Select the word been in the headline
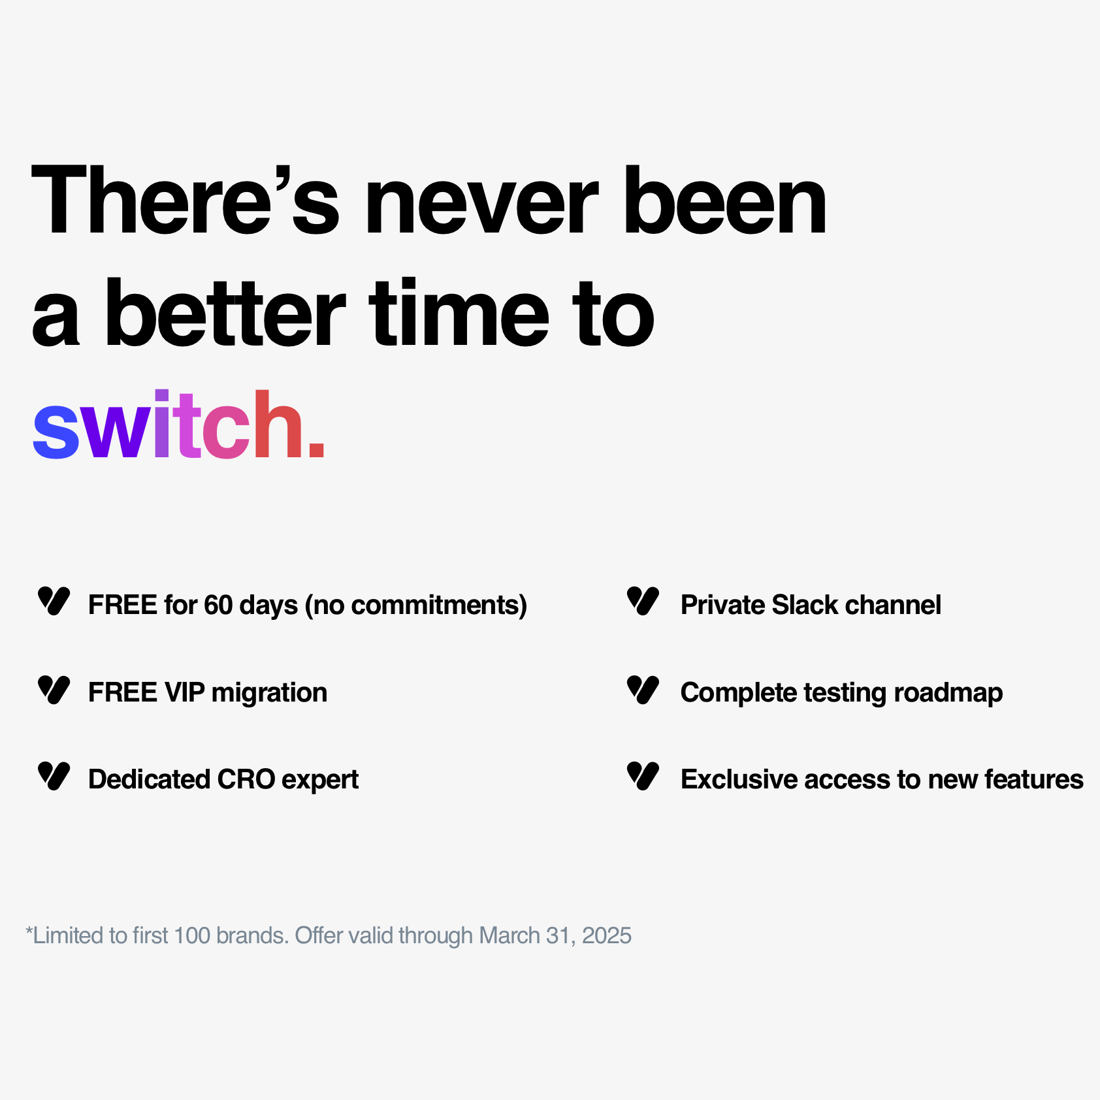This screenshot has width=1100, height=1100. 725,199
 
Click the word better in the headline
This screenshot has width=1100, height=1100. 225,313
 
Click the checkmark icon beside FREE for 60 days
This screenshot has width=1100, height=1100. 54,601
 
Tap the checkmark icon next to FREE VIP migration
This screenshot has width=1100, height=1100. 54,690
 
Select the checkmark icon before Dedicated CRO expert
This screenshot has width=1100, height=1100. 54,776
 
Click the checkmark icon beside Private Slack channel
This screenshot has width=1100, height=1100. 643,601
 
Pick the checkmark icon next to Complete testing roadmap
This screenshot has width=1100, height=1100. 643,690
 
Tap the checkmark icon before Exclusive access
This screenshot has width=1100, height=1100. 643,776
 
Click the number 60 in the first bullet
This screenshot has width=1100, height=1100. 218,605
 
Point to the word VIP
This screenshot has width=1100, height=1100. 185,692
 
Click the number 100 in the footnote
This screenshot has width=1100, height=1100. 192,935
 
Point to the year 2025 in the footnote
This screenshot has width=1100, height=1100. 607,935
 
